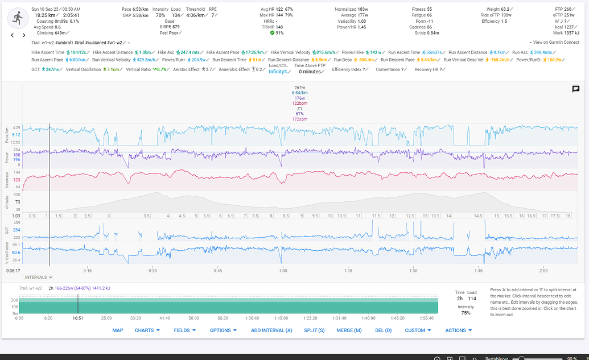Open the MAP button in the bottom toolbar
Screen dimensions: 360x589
point(117,330)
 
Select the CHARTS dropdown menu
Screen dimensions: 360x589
point(147,330)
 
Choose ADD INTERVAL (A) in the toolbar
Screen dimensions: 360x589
point(271,330)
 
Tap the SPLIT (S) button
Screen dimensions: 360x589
point(314,330)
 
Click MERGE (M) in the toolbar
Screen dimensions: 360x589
point(349,330)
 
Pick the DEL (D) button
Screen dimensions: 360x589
point(384,330)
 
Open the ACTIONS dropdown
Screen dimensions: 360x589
point(458,330)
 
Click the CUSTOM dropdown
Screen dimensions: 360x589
point(418,330)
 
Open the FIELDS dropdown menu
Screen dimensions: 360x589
point(185,330)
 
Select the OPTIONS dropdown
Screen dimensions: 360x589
point(223,330)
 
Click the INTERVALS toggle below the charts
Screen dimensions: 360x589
point(39,278)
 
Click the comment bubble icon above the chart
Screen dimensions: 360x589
point(575,89)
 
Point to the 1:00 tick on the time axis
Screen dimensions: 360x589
point(283,270)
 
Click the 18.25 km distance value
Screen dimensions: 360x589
point(45,15)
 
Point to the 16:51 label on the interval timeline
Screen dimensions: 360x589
point(77,318)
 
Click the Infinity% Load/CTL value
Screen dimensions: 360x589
point(279,72)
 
